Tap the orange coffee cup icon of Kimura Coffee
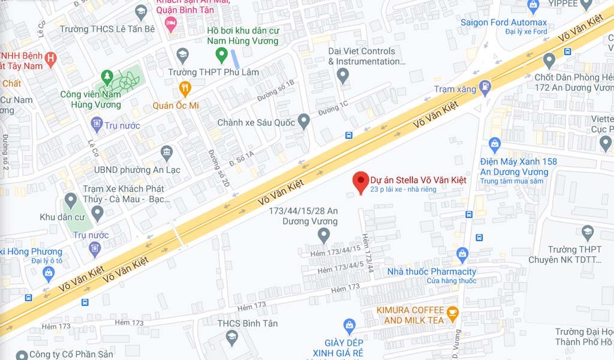453,311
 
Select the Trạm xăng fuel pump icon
484,88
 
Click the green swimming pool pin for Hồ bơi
221,56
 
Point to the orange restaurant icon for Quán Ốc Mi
185,89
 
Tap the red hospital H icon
51,59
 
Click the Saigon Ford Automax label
504,23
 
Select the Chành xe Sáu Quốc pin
304,121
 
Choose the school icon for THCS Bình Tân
232,338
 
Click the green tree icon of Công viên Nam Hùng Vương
107,76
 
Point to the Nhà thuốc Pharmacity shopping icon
462,254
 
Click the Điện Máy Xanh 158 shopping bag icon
494,144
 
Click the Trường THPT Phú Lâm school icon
182,56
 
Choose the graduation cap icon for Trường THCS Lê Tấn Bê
141,11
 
